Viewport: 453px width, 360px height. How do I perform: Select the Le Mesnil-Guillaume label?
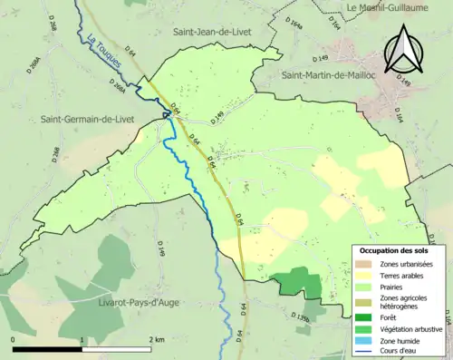point(399,7)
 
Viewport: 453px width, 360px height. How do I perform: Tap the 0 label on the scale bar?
point(14,339)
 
